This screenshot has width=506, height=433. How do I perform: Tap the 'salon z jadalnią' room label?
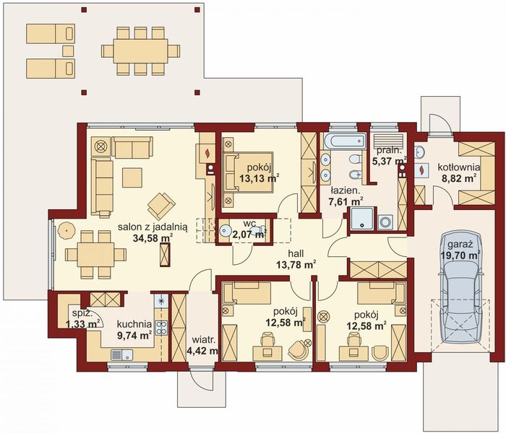tap(153, 227)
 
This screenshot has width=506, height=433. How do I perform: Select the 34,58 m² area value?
tap(153, 238)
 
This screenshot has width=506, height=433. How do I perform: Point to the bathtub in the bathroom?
tap(345, 142)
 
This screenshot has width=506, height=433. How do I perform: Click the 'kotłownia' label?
tap(459, 167)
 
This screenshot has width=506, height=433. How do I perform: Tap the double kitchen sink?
tap(121, 355)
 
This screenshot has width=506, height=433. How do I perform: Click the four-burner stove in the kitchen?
tap(161, 328)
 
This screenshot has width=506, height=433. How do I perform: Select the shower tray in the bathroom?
tap(361, 219)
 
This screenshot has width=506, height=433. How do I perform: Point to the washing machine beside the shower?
tap(385, 222)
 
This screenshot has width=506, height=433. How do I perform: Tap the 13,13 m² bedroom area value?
tap(259, 178)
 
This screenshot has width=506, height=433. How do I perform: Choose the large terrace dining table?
tap(140, 51)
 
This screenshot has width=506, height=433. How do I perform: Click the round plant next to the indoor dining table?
tap(67, 231)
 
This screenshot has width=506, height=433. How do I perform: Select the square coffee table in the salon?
tap(132, 178)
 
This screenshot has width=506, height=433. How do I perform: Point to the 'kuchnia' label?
tap(134, 324)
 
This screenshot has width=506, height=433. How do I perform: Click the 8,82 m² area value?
tap(458, 178)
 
